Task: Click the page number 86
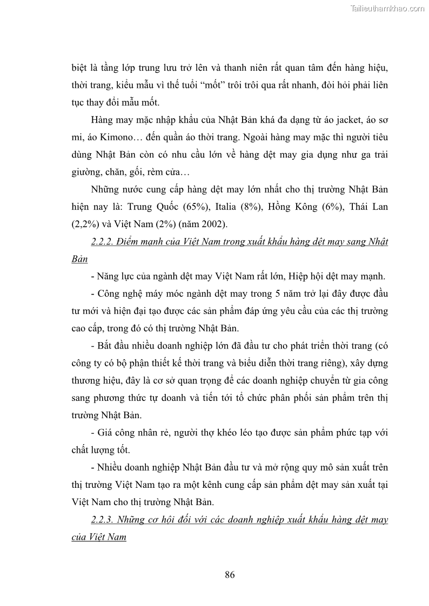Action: (x=230, y=574)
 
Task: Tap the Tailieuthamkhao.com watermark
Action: (x=388, y=8)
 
